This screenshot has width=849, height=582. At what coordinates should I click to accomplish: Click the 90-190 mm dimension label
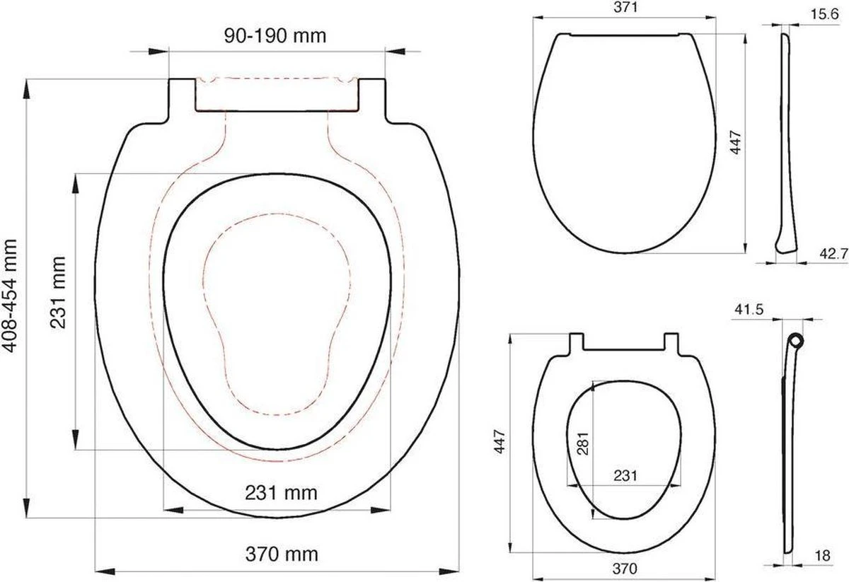click(277, 35)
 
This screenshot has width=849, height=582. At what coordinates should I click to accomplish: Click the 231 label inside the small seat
click(625, 476)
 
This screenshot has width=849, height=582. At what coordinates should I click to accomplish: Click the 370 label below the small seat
click(625, 569)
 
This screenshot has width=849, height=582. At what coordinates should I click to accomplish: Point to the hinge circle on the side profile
click(797, 340)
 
